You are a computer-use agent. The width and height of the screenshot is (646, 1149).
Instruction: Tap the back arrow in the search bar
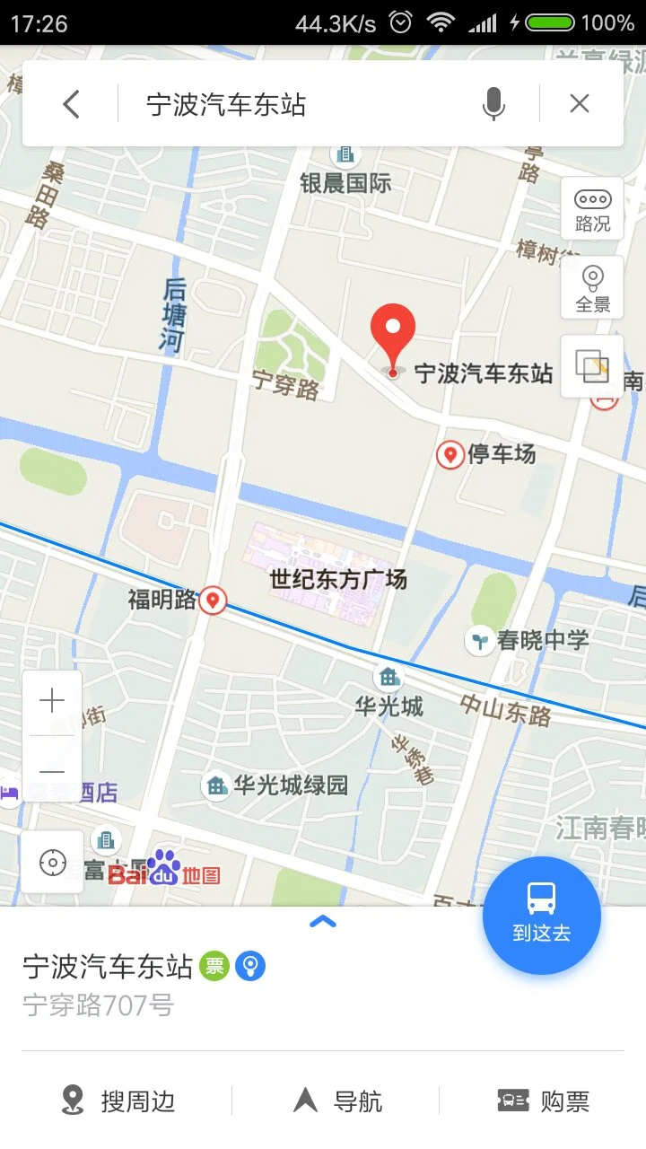point(72,105)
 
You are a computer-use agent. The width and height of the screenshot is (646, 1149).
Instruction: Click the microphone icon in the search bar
point(493,105)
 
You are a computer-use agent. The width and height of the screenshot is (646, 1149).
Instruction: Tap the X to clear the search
point(580,104)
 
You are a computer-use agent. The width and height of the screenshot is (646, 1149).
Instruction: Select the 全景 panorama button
point(592,287)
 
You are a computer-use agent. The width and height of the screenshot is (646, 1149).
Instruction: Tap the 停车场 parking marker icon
point(450,455)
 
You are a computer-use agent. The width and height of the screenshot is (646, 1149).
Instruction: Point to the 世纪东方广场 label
point(339,579)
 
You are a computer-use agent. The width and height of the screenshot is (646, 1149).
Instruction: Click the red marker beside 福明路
point(213,600)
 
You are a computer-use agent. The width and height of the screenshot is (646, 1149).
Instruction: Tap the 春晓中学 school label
point(542,640)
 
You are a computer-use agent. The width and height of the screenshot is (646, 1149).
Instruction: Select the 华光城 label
point(388,706)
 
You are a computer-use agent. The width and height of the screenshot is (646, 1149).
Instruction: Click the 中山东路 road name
point(506,709)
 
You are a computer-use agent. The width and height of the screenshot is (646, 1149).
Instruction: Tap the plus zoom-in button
point(52,701)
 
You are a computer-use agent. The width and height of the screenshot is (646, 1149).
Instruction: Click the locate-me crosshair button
point(52,863)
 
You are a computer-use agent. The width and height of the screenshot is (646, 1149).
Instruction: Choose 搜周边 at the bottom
point(118,1101)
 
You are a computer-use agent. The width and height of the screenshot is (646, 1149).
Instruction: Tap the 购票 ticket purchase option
point(544,1101)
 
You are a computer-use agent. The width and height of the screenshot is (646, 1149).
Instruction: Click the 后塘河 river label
point(173,314)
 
